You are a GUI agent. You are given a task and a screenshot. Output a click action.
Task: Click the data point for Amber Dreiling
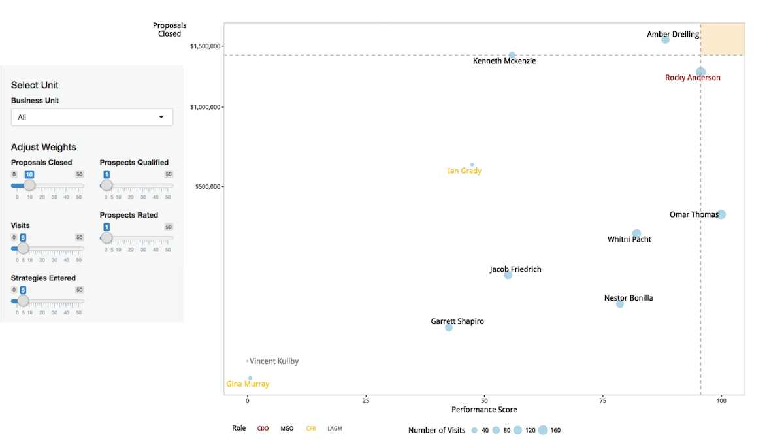tap(665, 40)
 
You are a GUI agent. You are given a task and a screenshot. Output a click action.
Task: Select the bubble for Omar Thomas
tap(721, 214)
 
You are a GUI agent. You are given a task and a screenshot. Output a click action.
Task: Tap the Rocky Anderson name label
tap(693, 78)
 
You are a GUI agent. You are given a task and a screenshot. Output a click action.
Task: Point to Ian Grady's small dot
tap(472, 165)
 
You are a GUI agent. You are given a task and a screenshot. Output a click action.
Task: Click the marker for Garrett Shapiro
tap(449, 327)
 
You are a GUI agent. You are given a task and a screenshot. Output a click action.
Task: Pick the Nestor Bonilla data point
tap(620, 304)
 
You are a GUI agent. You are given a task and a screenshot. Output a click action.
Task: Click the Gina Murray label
tap(248, 384)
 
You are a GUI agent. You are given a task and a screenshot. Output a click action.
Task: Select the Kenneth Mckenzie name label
tap(504, 61)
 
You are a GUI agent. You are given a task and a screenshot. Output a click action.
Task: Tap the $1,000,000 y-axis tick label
tap(205, 107)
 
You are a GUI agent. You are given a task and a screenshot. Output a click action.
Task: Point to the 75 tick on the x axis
tap(603, 400)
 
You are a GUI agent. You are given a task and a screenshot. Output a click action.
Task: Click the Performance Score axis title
tap(484, 410)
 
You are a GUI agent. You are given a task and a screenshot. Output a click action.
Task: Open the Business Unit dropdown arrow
tap(161, 117)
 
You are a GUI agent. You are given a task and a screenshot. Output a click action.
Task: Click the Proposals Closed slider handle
tap(29, 186)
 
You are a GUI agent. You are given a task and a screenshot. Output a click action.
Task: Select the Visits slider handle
tap(23, 248)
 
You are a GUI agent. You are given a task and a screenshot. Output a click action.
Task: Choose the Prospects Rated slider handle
tap(106, 238)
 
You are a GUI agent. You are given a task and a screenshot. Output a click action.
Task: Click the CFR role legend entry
tap(311, 429)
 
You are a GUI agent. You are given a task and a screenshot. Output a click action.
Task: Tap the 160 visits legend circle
tap(543, 430)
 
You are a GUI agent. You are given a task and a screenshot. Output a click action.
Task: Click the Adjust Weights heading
tap(44, 147)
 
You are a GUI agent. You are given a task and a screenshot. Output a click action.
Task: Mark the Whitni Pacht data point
tap(636, 234)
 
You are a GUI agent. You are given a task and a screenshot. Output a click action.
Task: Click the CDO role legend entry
tap(263, 429)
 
